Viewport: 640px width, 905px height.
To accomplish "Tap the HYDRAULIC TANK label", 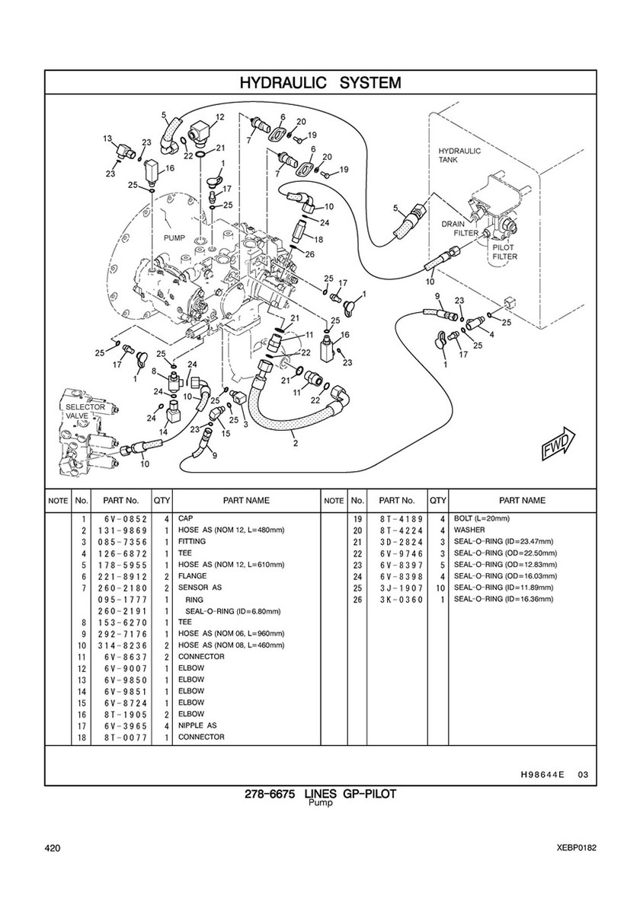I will point(459,155).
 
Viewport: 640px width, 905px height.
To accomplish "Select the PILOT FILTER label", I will point(504,252).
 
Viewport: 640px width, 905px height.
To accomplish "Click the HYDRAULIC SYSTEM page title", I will point(320,82).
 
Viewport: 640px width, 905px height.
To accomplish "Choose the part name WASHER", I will point(470,530).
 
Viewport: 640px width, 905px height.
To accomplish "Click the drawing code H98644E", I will point(542,775).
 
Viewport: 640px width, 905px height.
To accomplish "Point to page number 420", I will point(53,849).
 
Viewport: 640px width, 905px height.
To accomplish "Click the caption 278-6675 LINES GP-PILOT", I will point(320,795).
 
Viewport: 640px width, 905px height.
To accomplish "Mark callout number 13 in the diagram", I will point(107,139).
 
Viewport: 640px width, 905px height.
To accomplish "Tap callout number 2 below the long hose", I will point(295,441).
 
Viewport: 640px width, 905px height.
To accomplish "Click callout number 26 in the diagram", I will point(309,254).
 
